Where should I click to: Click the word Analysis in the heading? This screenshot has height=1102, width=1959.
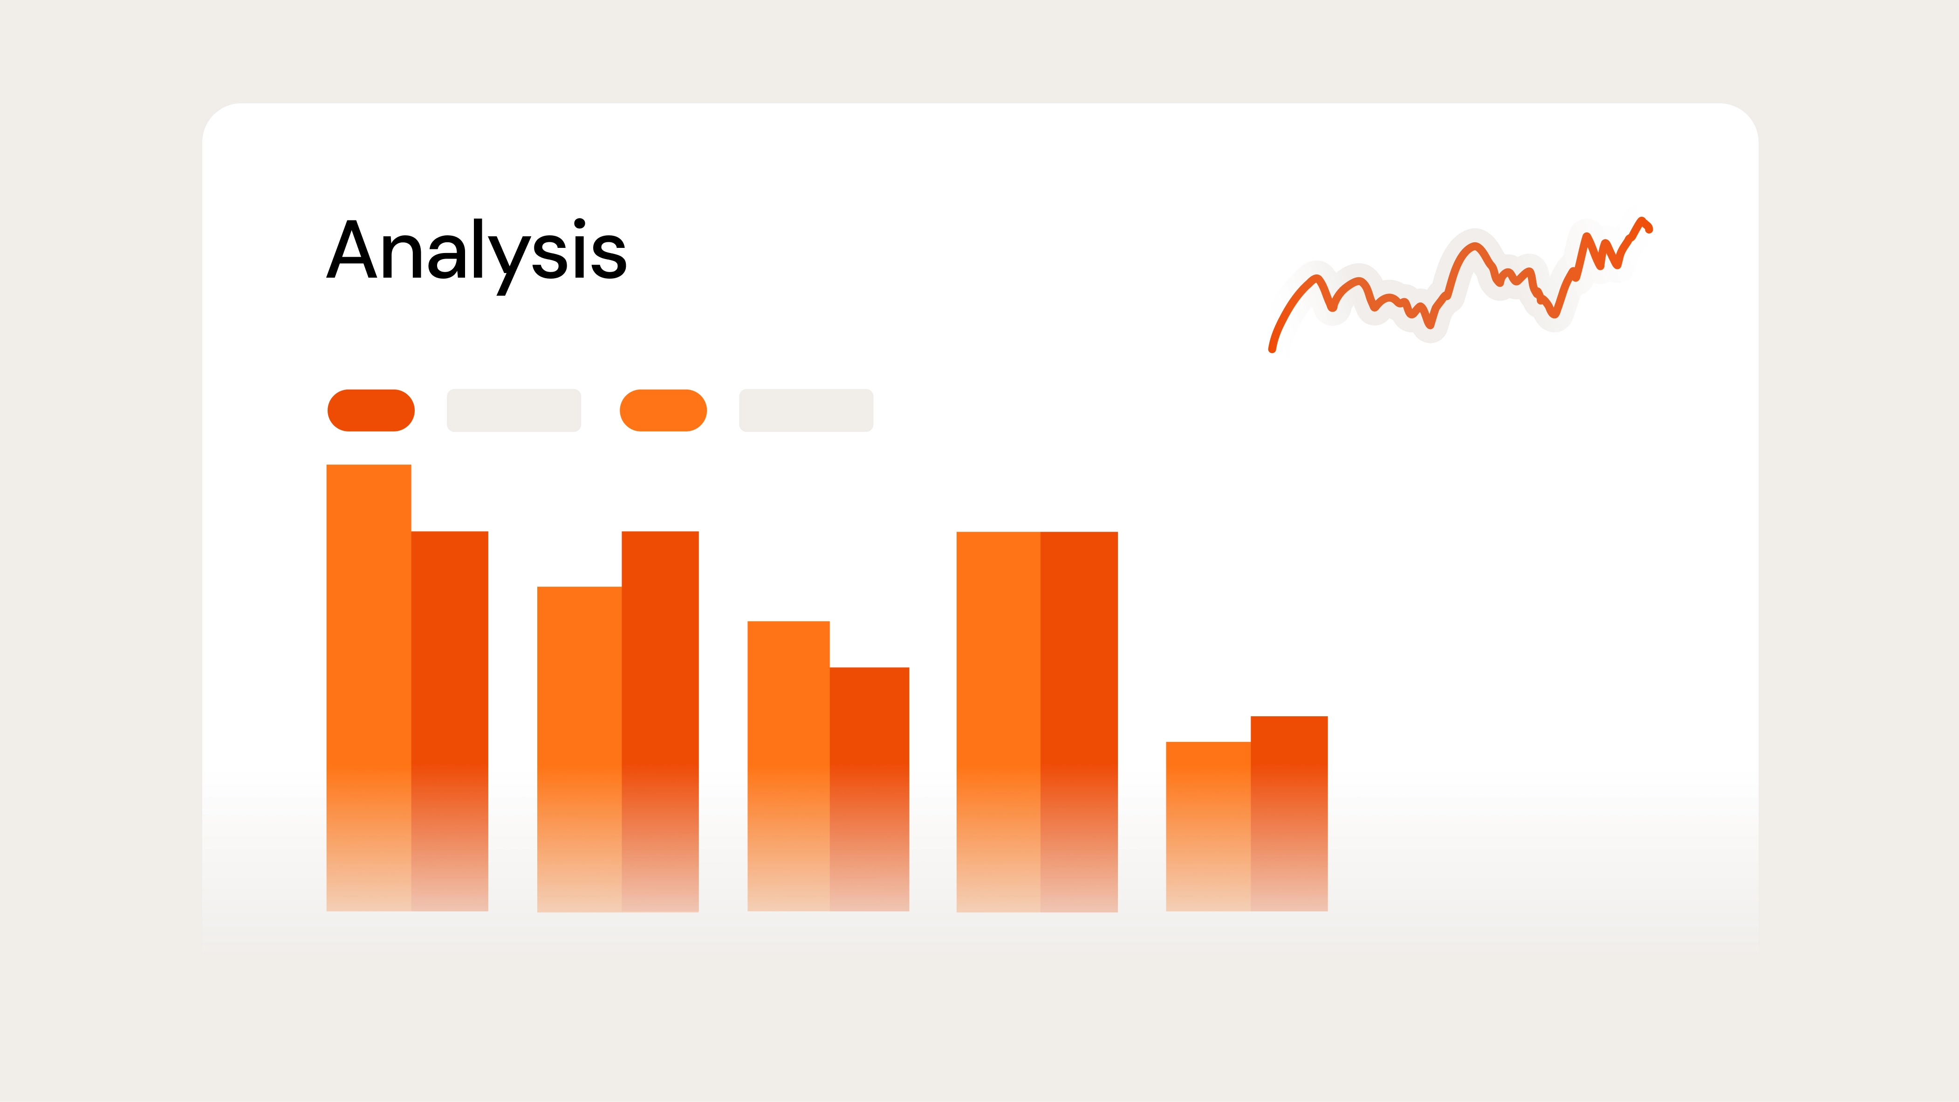click(x=476, y=251)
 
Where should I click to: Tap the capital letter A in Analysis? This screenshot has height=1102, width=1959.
click(x=351, y=249)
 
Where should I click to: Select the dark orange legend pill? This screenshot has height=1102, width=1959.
click(x=371, y=411)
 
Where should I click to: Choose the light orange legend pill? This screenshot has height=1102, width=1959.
click(x=663, y=411)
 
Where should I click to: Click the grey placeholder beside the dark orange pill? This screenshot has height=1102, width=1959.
click(x=514, y=411)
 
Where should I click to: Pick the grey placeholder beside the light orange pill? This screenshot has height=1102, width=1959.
click(x=806, y=411)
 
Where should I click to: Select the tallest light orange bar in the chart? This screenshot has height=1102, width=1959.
click(x=369, y=684)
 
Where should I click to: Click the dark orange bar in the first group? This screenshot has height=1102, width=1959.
click(x=450, y=719)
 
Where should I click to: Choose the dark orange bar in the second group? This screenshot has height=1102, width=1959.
click(x=660, y=719)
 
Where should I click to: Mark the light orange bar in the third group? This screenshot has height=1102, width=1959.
click(x=788, y=764)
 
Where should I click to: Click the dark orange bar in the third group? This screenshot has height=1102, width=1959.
click(x=869, y=787)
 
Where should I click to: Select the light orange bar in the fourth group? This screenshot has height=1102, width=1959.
click(x=998, y=719)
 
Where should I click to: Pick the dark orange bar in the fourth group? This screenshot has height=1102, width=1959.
click(x=1079, y=719)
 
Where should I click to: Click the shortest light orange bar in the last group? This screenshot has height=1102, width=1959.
click(x=1208, y=825)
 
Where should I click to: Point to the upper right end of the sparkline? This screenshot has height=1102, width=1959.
click(x=1649, y=229)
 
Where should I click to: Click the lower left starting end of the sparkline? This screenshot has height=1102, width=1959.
click(x=1272, y=349)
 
